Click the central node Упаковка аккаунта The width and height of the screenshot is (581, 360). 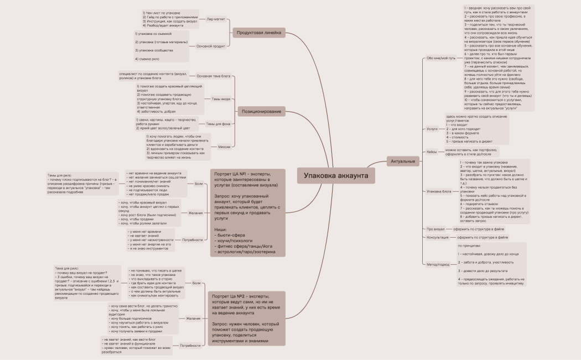point(336,176)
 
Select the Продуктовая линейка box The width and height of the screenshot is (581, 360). point(259,33)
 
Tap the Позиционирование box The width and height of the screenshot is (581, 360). point(261,112)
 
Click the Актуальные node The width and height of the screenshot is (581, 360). point(403,161)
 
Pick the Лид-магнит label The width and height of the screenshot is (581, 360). point(216,19)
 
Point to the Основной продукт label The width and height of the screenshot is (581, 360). point(211,46)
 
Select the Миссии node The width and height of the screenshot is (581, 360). point(224,147)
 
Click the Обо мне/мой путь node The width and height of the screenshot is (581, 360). point(441,58)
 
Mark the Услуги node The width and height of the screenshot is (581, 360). point(432,128)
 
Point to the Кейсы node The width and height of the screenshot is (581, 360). point(432,152)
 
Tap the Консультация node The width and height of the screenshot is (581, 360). point(438,237)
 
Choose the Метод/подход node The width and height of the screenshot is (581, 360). point(438,264)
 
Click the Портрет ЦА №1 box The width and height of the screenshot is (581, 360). point(248,213)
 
